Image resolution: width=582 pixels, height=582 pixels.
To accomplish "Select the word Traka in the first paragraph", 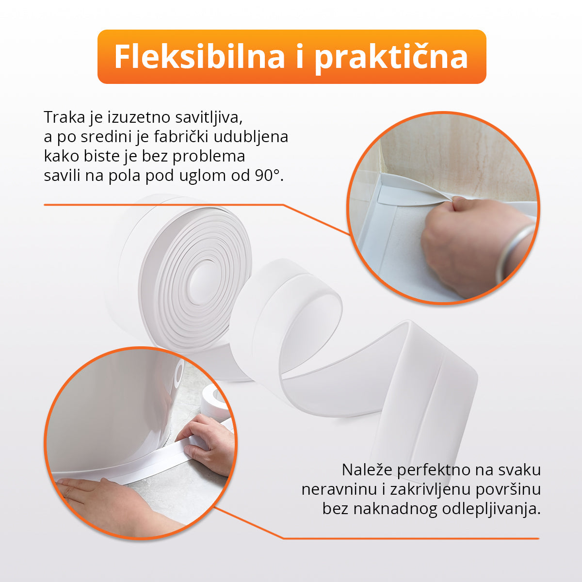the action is coord(65,117).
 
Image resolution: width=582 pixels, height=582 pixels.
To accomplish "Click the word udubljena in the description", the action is coord(251,136).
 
